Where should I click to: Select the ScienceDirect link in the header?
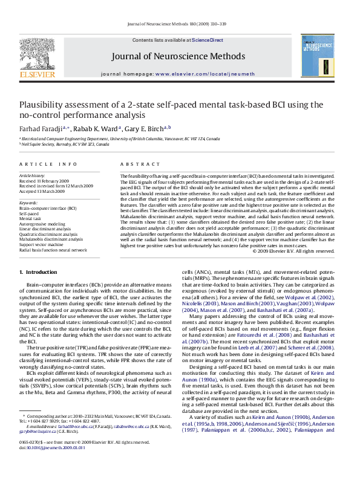point(208,39)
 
